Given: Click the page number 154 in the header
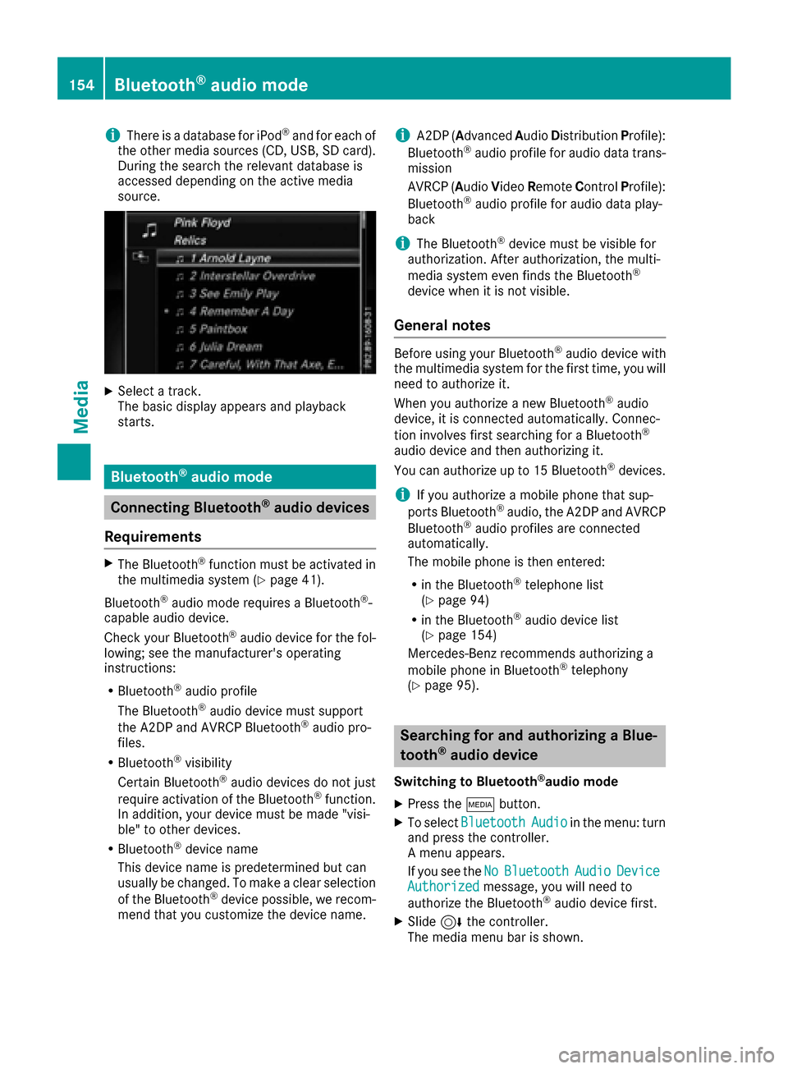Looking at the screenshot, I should pos(81,85).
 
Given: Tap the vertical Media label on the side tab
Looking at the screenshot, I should pos(81,406).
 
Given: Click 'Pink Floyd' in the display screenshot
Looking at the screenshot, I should pos(202,223).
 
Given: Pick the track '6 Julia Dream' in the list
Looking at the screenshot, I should pos(226,346).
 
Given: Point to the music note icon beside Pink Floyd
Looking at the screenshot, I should pos(149,230).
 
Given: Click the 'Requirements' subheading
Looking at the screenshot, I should pos(153,537).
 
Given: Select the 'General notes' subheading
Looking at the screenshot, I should pos(442,325).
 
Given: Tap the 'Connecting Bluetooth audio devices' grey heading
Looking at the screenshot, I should pos(240,507).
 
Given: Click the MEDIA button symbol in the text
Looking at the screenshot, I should pos(480,805).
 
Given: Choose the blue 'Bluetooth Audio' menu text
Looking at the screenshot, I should pos(514,822).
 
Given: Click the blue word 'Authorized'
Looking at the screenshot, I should pos(443,887).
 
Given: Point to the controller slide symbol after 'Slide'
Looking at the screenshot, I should pos(451,922).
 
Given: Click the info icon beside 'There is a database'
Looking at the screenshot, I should pos(112,135).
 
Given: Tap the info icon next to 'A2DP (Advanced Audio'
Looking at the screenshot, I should pos(402,135).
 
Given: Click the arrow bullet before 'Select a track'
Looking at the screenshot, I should pos(109,391).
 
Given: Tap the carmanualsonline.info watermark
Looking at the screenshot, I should pos(666,1054).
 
